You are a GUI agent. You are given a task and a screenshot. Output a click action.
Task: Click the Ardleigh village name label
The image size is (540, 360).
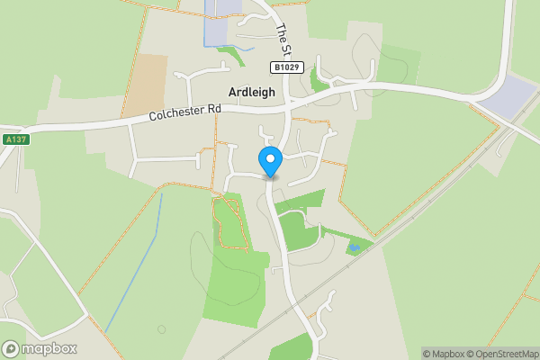click(x=252, y=93)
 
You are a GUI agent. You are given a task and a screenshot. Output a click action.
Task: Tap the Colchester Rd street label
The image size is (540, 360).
click(x=184, y=112)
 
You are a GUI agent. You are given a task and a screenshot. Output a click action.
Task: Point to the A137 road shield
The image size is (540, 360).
click(x=16, y=139)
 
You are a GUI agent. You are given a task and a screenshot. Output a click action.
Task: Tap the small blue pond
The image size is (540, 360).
click(x=355, y=246)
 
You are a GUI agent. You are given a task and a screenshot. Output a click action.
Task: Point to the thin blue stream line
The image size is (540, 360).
click(x=135, y=261)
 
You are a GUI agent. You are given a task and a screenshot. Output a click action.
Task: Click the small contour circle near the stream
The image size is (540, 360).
click(x=161, y=329)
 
